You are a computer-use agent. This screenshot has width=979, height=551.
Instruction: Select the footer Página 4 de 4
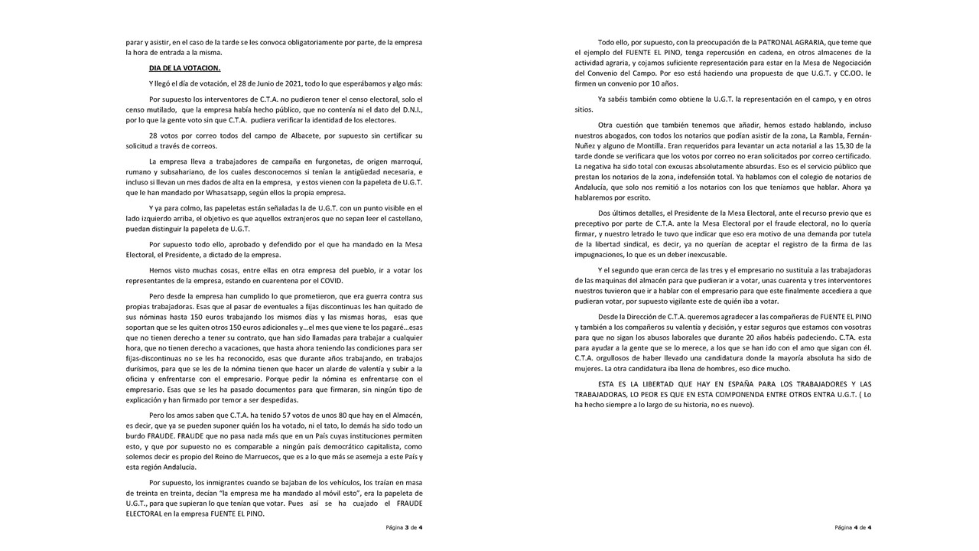(853, 528)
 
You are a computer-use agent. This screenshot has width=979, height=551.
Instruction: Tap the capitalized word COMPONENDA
(745, 393)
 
